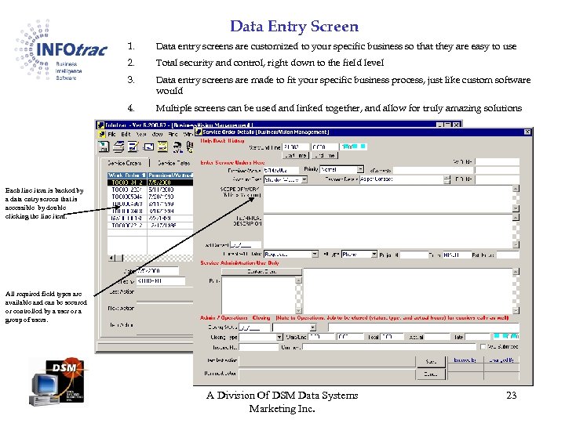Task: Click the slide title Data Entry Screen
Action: point(294,27)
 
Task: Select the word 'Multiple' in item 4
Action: point(175,108)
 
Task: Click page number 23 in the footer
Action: point(511,396)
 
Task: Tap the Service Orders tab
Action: point(124,162)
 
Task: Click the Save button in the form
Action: point(430,362)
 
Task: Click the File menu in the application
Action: point(115,133)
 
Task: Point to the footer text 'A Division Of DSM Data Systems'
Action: point(282,396)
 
